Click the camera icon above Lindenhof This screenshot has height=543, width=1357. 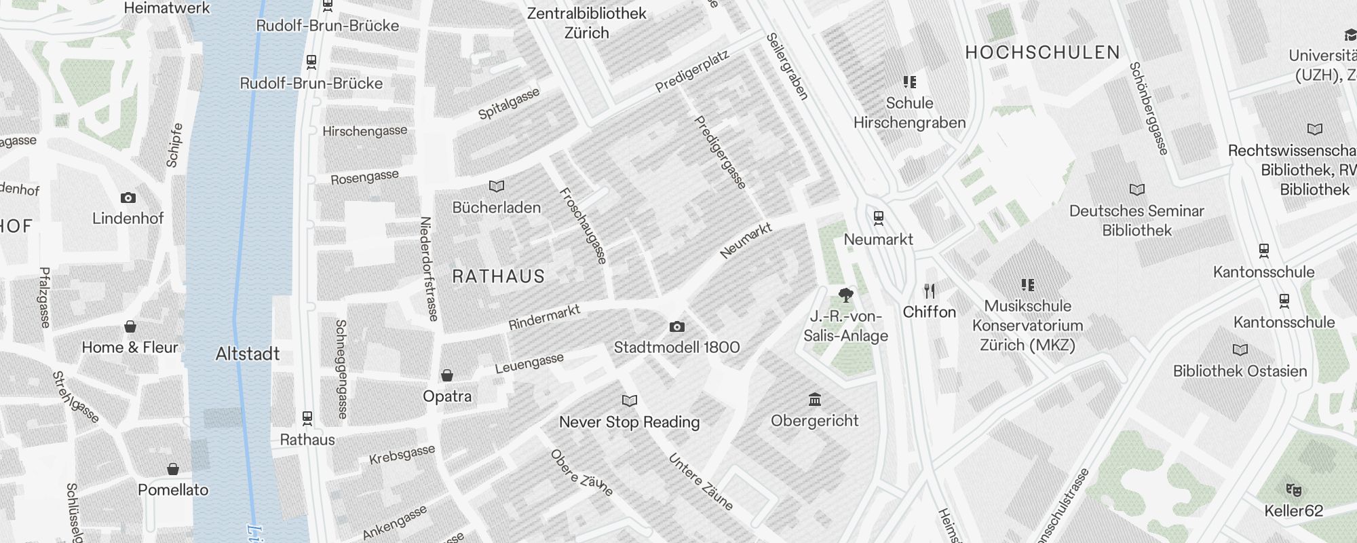click(128, 198)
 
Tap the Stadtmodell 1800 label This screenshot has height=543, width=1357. click(676, 348)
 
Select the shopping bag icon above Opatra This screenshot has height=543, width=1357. click(447, 376)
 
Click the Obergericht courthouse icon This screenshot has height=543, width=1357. click(815, 399)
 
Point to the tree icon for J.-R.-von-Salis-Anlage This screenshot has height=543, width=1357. click(845, 295)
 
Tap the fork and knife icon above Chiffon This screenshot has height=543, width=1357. click(930, 291)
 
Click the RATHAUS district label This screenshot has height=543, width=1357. click(499, 277)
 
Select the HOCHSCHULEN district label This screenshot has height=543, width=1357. click(1042, 53)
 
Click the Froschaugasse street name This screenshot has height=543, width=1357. click(583, 225)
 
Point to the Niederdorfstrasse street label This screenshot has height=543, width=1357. click(428, 268)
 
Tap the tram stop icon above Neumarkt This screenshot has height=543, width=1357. click(879, 218)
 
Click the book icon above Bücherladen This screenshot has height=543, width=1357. click(497, 186)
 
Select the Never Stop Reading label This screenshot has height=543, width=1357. click(629, 422)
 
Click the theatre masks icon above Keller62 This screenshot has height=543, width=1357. click(1293, 489)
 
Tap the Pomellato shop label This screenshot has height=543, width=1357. click(173, 490)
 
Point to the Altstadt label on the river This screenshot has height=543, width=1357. click(248, 354)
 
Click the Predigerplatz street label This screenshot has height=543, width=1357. click(691, 72)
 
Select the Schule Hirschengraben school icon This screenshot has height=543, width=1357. click(910, 82)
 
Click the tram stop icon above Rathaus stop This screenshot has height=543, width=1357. click(307, 417)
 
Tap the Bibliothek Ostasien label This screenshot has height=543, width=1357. click(1240, 371)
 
